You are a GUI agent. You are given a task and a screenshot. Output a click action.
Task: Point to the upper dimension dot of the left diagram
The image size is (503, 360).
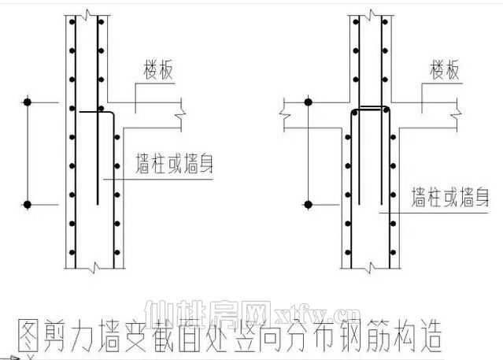click(28, 102)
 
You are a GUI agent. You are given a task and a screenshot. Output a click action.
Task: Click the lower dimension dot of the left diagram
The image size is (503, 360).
click(28, 205)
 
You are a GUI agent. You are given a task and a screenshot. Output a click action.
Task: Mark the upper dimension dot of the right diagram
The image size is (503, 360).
click(308, 102)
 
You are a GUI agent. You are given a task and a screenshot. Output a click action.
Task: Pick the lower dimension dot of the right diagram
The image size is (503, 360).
click(308, 205)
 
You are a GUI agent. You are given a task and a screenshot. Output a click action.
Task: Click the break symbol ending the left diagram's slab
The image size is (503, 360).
click(181, 117)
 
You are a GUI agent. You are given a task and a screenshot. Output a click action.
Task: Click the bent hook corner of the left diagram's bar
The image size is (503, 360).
click(113, 115)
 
